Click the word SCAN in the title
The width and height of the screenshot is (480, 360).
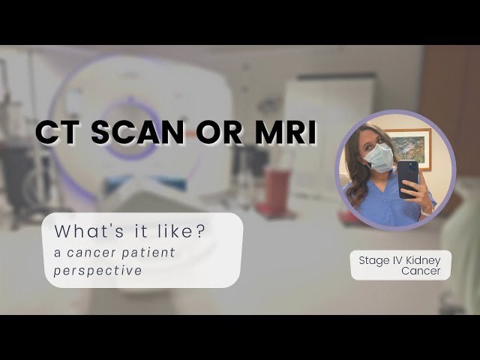pos(138,132)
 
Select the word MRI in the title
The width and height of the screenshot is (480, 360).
pos(286,132)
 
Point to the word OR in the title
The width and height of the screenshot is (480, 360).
pos(219,132)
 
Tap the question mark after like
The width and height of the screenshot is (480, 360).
pos(200,231)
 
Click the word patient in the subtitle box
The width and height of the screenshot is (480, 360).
pos(148,253)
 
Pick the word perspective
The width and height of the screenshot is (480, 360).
pos(98,271)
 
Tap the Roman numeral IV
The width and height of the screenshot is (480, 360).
pos(393,260)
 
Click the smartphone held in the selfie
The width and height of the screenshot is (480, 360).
pos(408,179)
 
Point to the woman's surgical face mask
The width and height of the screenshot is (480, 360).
pos(378,157)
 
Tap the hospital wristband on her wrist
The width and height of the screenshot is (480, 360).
pos(425,211)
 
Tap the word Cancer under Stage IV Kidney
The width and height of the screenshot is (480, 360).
pos(421,271)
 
